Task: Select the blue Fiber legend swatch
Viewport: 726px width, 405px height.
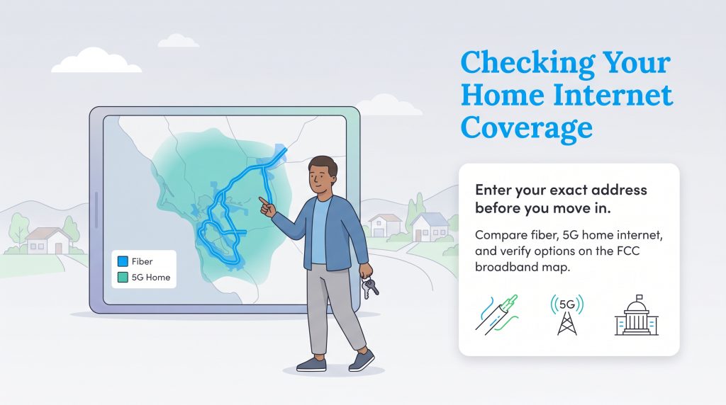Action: [122, 262]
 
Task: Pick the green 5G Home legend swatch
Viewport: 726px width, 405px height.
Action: [122, 278]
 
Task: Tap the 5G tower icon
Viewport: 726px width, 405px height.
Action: [567, 314]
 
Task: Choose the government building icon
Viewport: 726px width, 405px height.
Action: [636, 316]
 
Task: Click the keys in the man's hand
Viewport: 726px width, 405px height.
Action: [369, 286]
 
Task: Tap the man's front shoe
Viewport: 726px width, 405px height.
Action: [311, 364]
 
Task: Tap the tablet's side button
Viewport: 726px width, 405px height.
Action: [96, 210]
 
